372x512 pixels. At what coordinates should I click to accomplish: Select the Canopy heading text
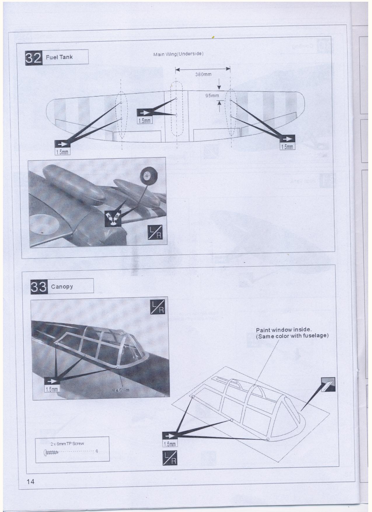62,286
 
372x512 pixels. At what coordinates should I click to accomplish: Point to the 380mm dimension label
203,74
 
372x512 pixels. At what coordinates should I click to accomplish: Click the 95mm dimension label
212,96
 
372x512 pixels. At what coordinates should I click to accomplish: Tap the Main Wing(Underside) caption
178,54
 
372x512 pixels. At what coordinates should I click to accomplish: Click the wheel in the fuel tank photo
146,175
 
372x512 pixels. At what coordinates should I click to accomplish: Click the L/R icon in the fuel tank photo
155,233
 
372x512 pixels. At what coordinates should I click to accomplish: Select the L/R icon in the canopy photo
158,307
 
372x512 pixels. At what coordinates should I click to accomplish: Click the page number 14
31,481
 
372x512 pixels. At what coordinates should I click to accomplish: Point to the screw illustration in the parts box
51,453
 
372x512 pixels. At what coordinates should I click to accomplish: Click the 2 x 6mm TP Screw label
67,444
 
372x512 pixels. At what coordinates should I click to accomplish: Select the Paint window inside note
292,333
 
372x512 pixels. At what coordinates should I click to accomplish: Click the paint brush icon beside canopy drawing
328,384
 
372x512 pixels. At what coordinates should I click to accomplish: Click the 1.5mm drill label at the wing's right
287,147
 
